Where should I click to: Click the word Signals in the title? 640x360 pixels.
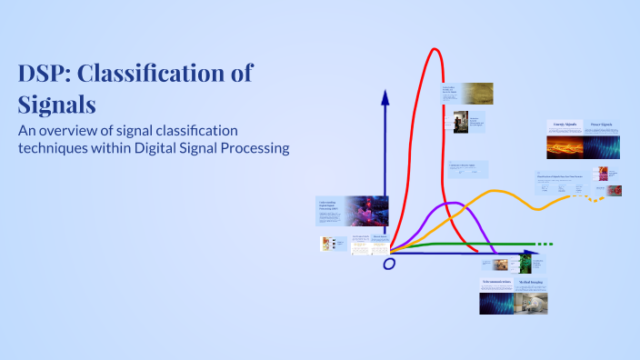[57, 103]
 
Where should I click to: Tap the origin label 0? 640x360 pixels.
[389, 264]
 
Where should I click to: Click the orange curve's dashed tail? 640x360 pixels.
[595, 198]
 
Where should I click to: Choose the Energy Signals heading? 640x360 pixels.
[563, 125]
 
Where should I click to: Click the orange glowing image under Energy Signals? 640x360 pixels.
[563, 147]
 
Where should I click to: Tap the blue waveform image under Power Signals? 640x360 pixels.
[601, 147]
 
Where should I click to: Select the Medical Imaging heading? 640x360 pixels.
[534, 283]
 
